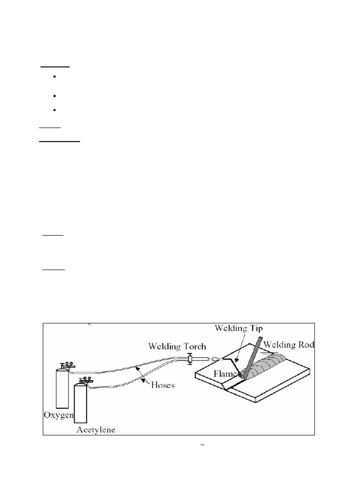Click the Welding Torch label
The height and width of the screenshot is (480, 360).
click(177, 347)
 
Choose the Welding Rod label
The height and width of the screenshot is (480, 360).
click(289, 345)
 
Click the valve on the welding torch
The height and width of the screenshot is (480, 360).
click(189, 360)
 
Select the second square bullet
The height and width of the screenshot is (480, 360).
click(54, 96)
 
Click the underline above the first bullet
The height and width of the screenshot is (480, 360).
click(55, 67)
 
